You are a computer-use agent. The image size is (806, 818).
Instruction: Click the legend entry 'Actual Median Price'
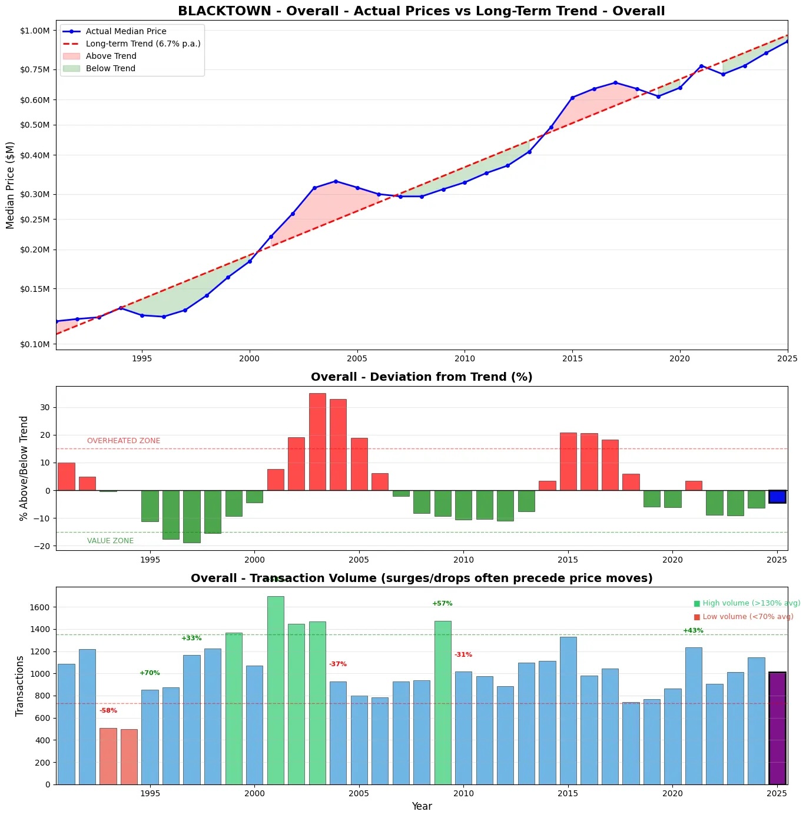tap(126, 31)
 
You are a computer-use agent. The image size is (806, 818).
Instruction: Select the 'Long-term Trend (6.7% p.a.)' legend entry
tap(143, 44)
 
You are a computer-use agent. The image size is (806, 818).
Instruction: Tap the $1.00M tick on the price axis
tap(35, 31)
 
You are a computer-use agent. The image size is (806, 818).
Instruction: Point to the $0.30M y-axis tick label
tap(35, 194)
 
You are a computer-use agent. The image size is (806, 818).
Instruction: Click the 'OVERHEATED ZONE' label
tap(124, 441)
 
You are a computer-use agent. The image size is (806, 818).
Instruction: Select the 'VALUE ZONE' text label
tap(110, 541)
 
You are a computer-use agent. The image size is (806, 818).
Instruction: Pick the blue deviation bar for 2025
tap(777, 496)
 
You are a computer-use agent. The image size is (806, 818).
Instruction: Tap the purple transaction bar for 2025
tap(777, 728)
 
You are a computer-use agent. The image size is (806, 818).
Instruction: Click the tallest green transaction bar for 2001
tap(276, 690)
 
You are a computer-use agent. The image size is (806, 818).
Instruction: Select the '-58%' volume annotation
tap(108, 710)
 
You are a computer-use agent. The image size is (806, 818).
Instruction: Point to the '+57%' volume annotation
tap(442, 603)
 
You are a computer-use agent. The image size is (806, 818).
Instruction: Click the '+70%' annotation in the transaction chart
tap(150, 673)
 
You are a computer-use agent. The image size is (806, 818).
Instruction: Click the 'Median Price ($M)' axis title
tap(10, 185)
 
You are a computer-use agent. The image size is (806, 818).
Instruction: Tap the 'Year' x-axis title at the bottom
tap(422, 806)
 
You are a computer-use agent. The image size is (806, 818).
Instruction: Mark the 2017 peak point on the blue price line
tap(615, 82)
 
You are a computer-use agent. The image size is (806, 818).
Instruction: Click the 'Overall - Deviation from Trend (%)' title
tap(422, 377)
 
